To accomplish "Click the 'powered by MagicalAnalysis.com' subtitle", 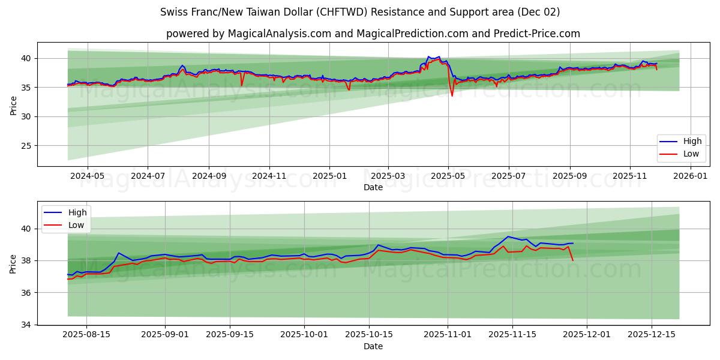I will (x=373, y=34).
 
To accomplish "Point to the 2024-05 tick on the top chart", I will (x=88, y=176).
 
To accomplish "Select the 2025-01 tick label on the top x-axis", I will (x=329, y=176).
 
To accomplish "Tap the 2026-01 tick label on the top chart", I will (x=691, y=176).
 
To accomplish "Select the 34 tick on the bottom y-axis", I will (x=26, y=325).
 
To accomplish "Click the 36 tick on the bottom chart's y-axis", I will (x=26, y=293).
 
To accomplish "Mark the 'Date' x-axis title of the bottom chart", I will (x=373, y=346).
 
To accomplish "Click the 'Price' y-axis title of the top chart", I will (x=13, y=104).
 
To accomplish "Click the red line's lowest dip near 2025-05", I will (x=452, y=95).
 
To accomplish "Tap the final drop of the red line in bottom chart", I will (x=573, y=260).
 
